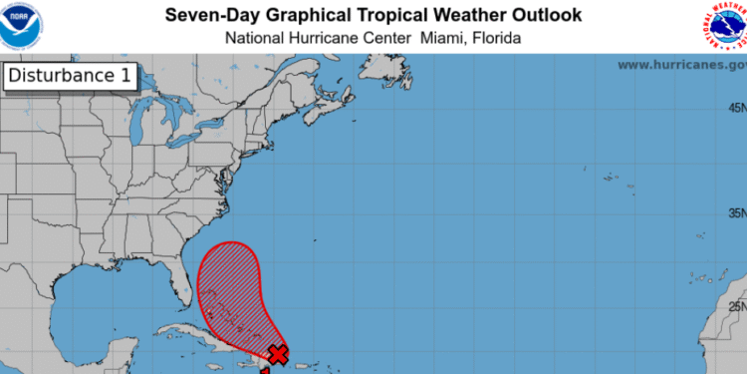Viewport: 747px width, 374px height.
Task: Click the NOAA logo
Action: [23, 25]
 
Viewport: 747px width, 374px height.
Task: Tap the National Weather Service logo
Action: [724, 26]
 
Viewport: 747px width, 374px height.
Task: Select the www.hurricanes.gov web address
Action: [680, 65]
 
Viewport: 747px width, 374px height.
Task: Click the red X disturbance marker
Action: [279, 354]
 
